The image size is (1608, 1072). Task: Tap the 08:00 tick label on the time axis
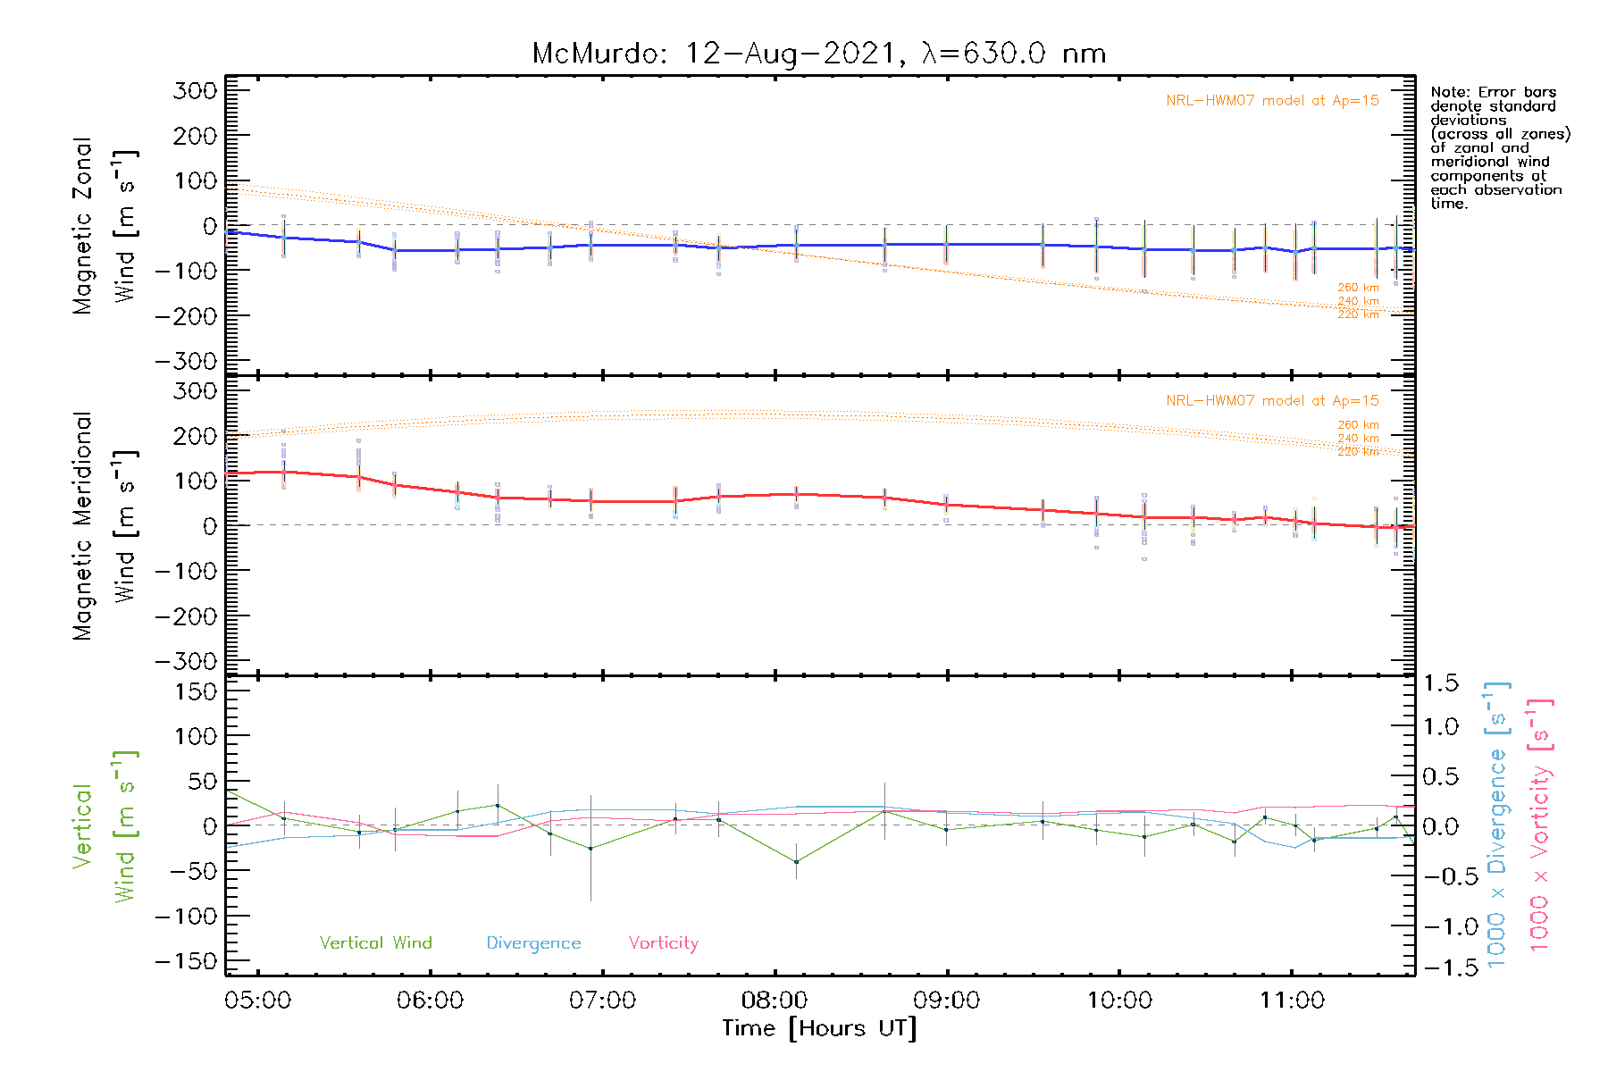[775, 1001]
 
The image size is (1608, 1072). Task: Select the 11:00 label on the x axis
[1292, 1001]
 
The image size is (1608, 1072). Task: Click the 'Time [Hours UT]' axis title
[819, 1028]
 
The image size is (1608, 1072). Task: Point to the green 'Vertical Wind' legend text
[375, 942]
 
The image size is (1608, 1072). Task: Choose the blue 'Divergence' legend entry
[533, 942]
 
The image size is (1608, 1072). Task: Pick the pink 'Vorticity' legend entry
[663, 942]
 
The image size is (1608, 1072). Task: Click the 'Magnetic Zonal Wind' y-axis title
[105, 226]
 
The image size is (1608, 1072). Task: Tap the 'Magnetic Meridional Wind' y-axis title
[105, 526]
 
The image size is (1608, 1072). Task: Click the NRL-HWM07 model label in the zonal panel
[1272, 101]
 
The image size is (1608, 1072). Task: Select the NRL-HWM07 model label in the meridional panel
[1272, 401]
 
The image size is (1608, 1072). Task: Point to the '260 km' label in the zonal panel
[1358, 288]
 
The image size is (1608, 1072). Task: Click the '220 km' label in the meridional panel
[1358, 452]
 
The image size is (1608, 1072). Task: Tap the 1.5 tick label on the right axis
[1441, 683]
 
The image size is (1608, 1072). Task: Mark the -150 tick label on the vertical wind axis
[186, 962]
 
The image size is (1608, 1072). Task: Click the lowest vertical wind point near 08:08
[796, 862]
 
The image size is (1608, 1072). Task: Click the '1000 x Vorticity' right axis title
[1540, 825]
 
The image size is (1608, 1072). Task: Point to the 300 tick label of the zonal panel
[196, 90]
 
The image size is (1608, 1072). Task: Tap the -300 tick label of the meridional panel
[186, 662]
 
